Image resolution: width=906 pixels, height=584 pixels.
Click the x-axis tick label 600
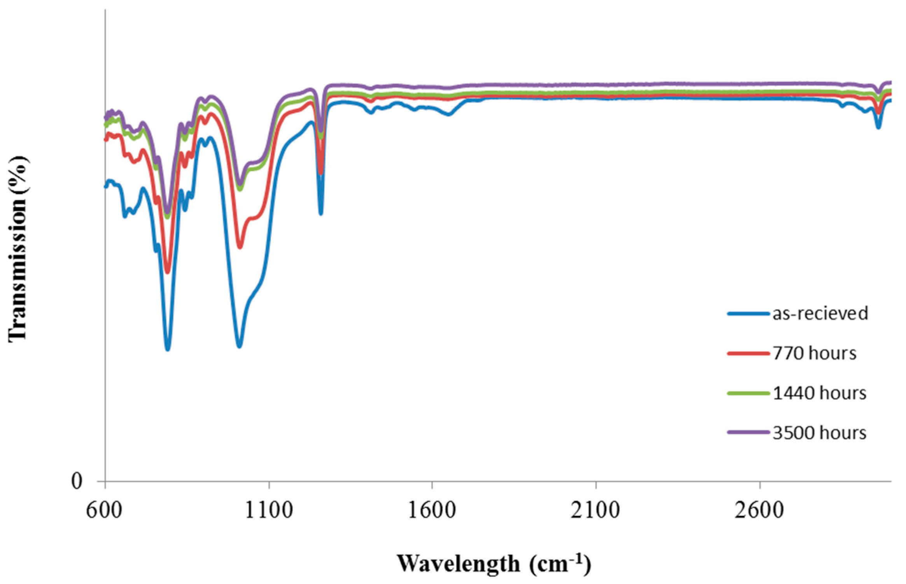coord(104,510)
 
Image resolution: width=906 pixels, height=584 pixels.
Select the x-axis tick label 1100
coord(269,510)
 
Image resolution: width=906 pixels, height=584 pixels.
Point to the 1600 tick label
coord(432,510)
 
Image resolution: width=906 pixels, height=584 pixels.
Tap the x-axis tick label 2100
coord(595,510)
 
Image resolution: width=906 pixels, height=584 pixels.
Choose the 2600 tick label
coord(759,510)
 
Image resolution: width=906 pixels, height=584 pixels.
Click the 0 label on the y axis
coord(77,482)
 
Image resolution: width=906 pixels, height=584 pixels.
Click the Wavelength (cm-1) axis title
coord(494,563)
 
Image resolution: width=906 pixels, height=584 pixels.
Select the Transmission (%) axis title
coord(17,249)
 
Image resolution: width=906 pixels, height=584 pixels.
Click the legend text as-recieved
coord(820,313)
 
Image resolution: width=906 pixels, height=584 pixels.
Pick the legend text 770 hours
coord(814,354)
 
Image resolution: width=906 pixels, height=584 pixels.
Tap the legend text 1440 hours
coord(819,393)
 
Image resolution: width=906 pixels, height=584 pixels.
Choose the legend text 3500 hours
coord(819,433)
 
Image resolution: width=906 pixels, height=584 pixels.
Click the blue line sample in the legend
coord(748,313)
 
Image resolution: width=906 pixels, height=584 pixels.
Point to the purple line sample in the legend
coord(748,432)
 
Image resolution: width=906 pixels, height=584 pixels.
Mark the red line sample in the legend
coord(748,354)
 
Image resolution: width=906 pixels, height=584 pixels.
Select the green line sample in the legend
coord(748,393)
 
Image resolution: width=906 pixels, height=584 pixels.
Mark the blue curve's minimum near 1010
coord(239,346)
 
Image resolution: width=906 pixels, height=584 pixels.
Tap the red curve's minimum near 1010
coord(240,247)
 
